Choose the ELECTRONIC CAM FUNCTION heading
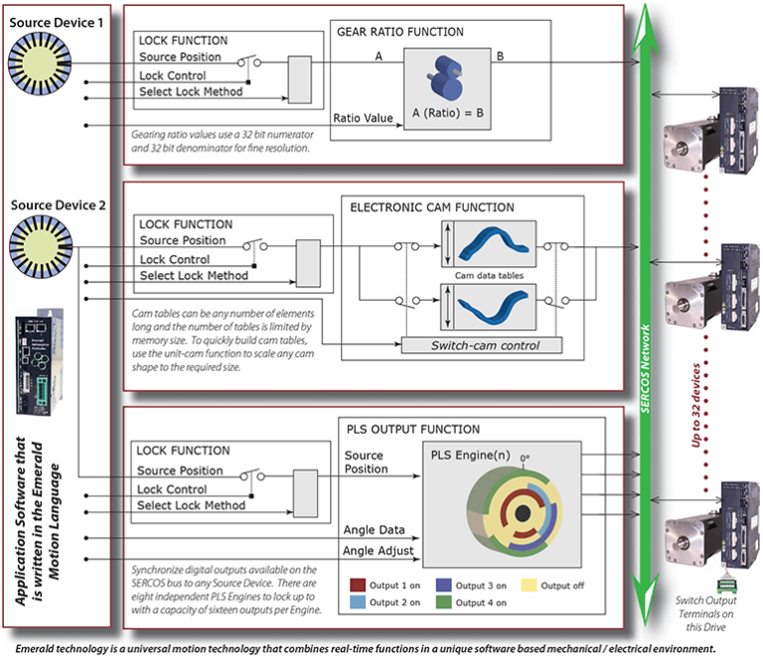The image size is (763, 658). (432, 207)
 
